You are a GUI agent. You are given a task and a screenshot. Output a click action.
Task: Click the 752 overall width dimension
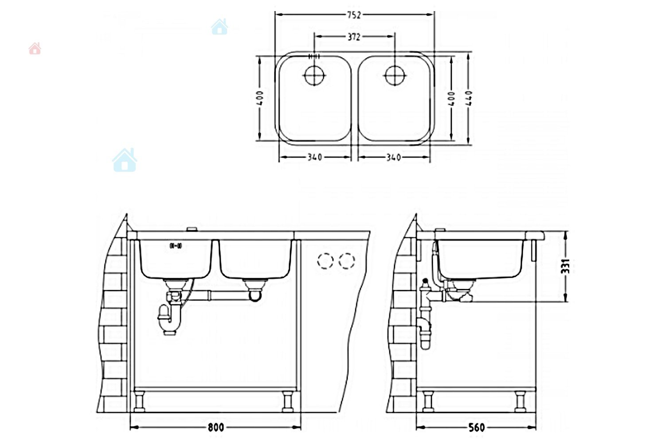354,15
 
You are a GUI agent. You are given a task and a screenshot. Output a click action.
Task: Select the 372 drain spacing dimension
354,37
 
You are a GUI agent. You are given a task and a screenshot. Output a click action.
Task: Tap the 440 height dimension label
469,98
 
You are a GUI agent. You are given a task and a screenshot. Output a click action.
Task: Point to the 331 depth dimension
565,266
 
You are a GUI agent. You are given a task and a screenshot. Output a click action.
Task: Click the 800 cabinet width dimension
216,427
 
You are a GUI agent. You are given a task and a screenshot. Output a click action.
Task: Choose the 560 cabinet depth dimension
477,427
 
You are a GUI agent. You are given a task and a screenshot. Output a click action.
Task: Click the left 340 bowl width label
315,157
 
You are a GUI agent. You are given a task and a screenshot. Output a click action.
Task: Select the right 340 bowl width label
394,157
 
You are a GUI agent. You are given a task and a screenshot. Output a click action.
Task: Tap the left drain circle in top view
314,75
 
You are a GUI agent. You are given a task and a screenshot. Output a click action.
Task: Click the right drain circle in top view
395,75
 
